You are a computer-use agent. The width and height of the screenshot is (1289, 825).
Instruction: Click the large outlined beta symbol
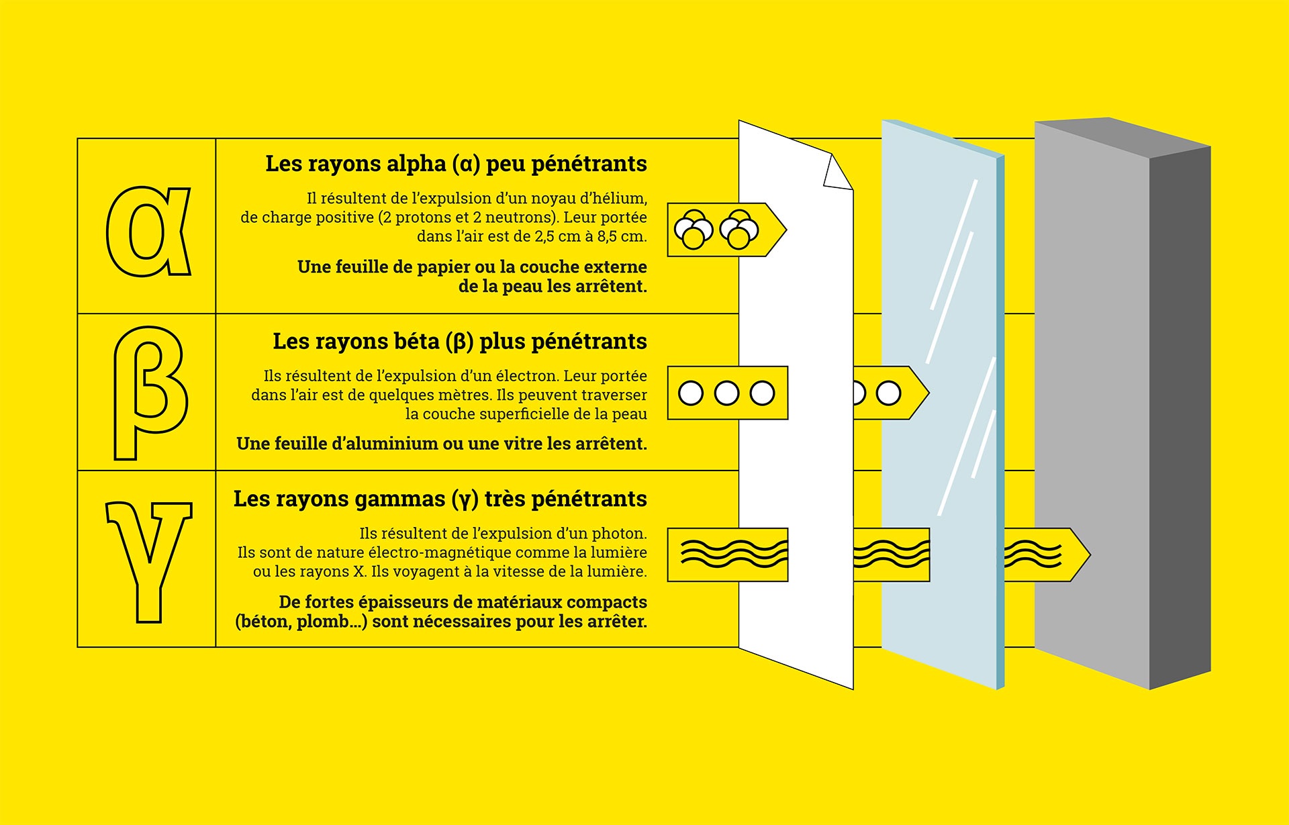[x=149, y=393]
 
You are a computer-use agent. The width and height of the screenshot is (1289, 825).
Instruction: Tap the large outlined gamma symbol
[x=149, y=561]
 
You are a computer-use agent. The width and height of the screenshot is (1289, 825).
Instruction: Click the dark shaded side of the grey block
[x=1180, y=416]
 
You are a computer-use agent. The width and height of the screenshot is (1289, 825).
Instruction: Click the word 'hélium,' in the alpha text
[x=618, y=199]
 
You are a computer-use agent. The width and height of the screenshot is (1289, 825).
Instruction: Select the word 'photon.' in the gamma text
[x=618, y=534]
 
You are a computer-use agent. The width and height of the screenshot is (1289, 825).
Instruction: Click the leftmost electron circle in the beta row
[x=691, y=393]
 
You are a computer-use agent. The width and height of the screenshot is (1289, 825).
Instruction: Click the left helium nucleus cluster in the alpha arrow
[x=694, y=230]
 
